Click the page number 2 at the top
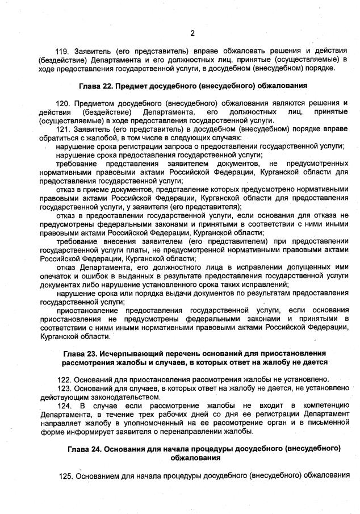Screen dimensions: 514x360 [192, 32]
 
